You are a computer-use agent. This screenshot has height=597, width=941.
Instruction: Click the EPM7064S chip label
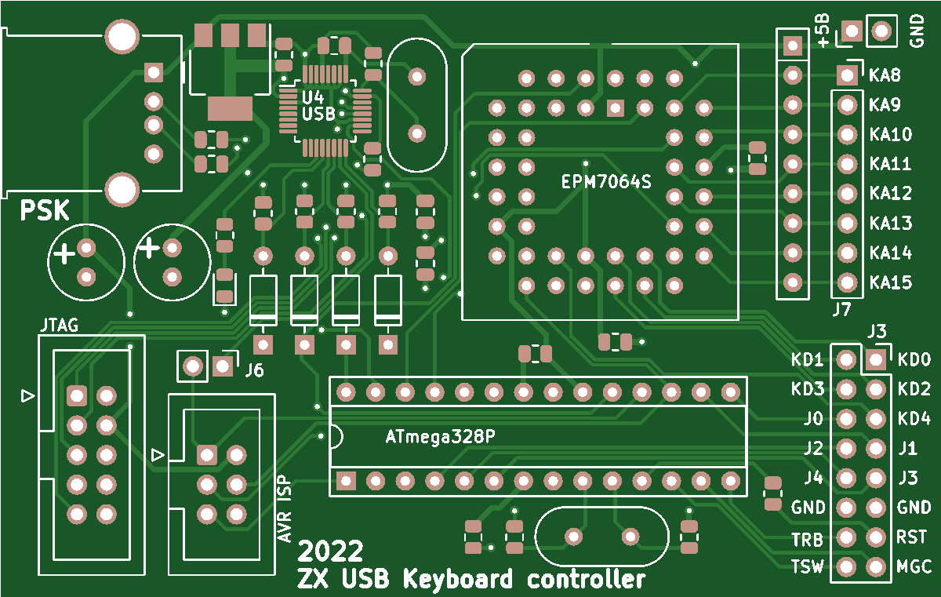[x=607, y=181]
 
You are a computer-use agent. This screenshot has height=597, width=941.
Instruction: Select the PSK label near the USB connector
[x=44, y=211]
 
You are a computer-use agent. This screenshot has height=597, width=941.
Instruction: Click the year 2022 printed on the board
[x=330, y=550]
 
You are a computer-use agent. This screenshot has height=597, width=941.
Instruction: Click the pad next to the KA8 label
[x=847, y=75]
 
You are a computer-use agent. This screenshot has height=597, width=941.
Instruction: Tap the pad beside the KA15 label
[x=847, y=282]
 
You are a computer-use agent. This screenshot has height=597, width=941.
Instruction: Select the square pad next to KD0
[x=876, y=360]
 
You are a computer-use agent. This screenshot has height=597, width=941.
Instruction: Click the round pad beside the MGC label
[x=876, y=566]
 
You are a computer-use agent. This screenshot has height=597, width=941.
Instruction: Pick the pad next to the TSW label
[x=846, y=566]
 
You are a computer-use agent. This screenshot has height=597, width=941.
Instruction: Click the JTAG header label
[x=58, y=325]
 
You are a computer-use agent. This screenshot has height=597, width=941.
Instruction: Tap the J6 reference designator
[x=254, y=370]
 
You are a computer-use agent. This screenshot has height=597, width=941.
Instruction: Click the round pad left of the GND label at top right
[x=881, y=31]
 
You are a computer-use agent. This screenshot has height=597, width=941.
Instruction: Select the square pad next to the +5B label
[x=852, y=31]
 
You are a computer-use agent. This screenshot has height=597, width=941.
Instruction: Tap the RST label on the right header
[x=911, y=537]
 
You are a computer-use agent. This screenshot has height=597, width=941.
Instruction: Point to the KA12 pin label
[x=891, y=193]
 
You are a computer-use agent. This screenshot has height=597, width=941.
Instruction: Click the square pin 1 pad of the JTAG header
[x=76, y=395]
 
